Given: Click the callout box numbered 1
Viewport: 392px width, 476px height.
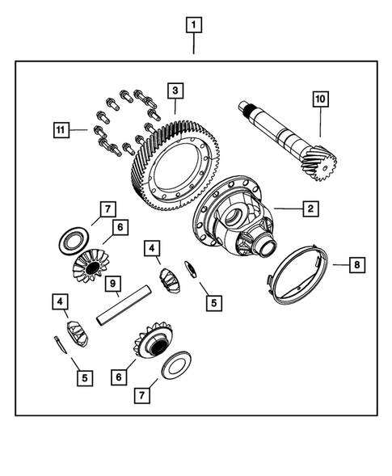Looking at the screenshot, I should point(193,25).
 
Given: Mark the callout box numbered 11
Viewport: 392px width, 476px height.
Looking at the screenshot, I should point(60,128).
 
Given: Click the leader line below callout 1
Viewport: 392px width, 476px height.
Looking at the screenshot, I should point(193,44).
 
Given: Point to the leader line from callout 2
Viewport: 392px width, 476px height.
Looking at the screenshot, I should point(286,209).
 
